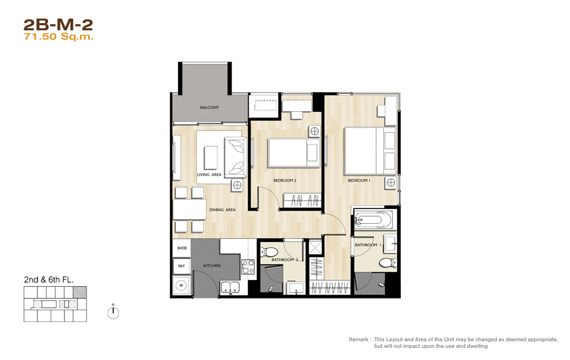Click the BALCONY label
[x=209, y=108]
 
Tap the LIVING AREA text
[x=209, y=175]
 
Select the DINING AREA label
[x=222, y=210]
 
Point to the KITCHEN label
[x=212, y=266]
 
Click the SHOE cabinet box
[x=182, y=248]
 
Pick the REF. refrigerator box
[x=182, y=266]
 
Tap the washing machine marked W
[x=181, y=286]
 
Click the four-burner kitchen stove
[x=248, y=267]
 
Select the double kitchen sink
[x=230, y=287]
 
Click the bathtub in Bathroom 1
[x=373, y=219]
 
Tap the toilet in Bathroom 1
[x=388, y=262]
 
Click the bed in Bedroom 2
[x=294, y=153]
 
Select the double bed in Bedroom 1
[x=370, y=151]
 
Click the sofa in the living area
[x=235, y=158]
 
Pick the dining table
[x=190, y=209]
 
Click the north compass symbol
[x=113, y=312]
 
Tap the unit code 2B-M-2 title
[x=58, y=25]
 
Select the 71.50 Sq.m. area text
[x=58, y=37]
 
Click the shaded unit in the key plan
[x=80, y=292]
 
